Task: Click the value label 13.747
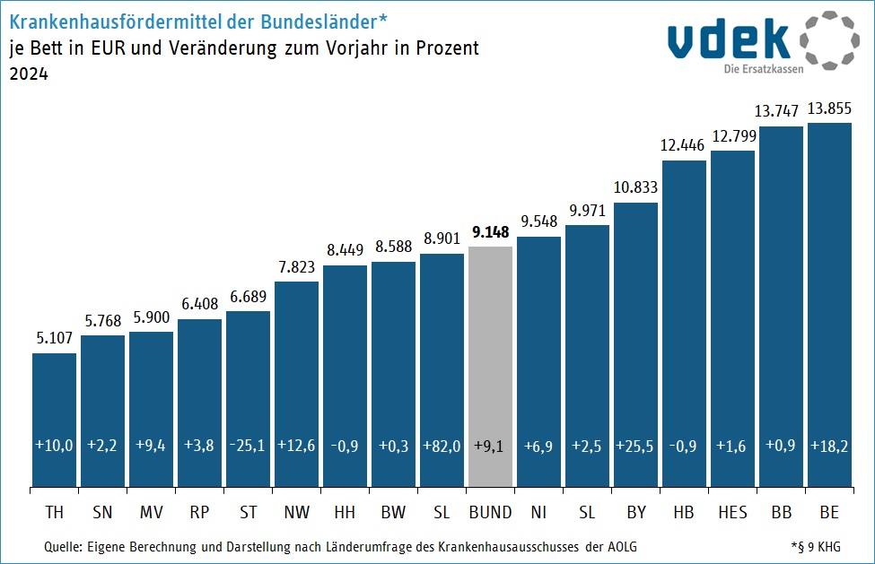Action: coord(780,111)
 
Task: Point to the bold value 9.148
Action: coord(490,232)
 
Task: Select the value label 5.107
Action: coord(54,339)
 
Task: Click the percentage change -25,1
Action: coord(248,445)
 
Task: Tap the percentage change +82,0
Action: coord(442,445)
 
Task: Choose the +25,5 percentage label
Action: coord(635,445)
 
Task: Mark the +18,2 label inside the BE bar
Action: coord(829,445)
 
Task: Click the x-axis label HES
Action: coord(732,513)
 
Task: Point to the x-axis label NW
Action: coord(296,513)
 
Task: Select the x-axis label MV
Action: coord(151,513)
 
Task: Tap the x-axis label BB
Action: coord(781,513)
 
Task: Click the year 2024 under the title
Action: coord(28,75)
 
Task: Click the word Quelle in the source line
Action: coord(62,546)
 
